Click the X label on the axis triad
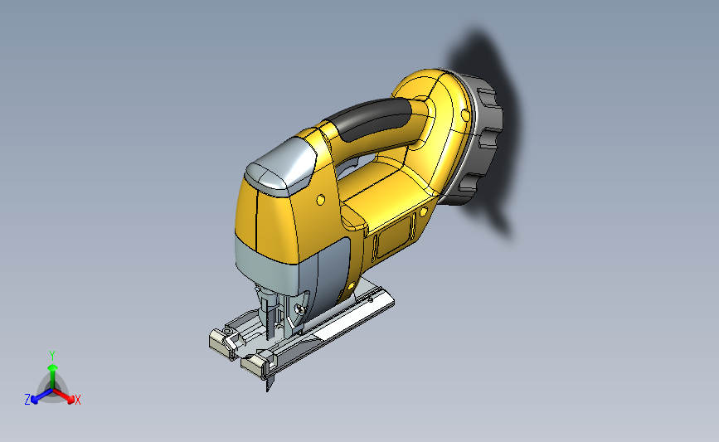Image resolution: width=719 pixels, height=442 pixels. tap(77, 400)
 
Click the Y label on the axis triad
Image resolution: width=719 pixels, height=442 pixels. tap(52, 356)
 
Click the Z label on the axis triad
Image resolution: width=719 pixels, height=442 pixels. tap(27, 400)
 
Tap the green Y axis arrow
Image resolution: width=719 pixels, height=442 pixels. tap(53, 377)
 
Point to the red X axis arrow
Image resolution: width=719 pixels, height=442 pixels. tap(63, 396)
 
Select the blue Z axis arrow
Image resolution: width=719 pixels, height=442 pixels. tap(41, 396)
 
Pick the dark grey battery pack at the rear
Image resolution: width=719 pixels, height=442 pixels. tap(475, 138)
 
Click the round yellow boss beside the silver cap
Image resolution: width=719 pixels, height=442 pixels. tap(321, 200)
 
